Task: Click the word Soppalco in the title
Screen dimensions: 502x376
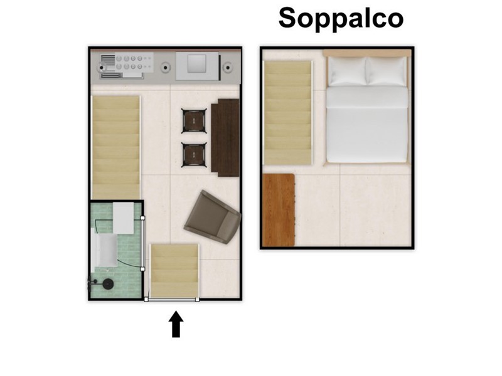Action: [341, 18]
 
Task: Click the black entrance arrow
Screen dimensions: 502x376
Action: [176, 324]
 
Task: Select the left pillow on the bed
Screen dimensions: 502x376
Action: [348, 71]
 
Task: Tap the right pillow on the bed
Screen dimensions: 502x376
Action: [387, 71]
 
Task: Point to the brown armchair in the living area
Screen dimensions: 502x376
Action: [213, 217]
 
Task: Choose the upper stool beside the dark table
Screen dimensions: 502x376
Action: [194, 121]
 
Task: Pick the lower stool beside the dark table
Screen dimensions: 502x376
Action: [194, 155]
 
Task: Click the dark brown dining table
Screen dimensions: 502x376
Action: [225, 137]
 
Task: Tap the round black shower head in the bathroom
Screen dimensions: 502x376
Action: [107, 284]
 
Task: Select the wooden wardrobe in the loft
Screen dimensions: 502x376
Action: [278, 210]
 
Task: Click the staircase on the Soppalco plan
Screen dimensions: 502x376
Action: [287, 113]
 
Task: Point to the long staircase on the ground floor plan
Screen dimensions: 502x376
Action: [116, 147]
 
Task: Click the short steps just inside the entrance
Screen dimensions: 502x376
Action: [174, 271]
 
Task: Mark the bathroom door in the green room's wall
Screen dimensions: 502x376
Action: [143, 243]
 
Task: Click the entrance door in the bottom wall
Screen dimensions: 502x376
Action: [172, 300]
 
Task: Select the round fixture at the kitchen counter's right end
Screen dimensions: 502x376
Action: [228, 68]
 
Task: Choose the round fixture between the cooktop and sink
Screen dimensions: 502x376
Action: [166, 68]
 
